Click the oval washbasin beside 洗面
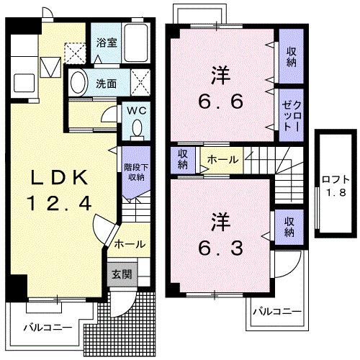[79, 81]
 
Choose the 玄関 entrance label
[120, 274]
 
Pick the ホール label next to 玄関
[130, 243]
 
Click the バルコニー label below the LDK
[47, 326]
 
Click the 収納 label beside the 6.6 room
[292, 56]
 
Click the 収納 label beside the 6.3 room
[288, 226]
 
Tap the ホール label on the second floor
[223, 158]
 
